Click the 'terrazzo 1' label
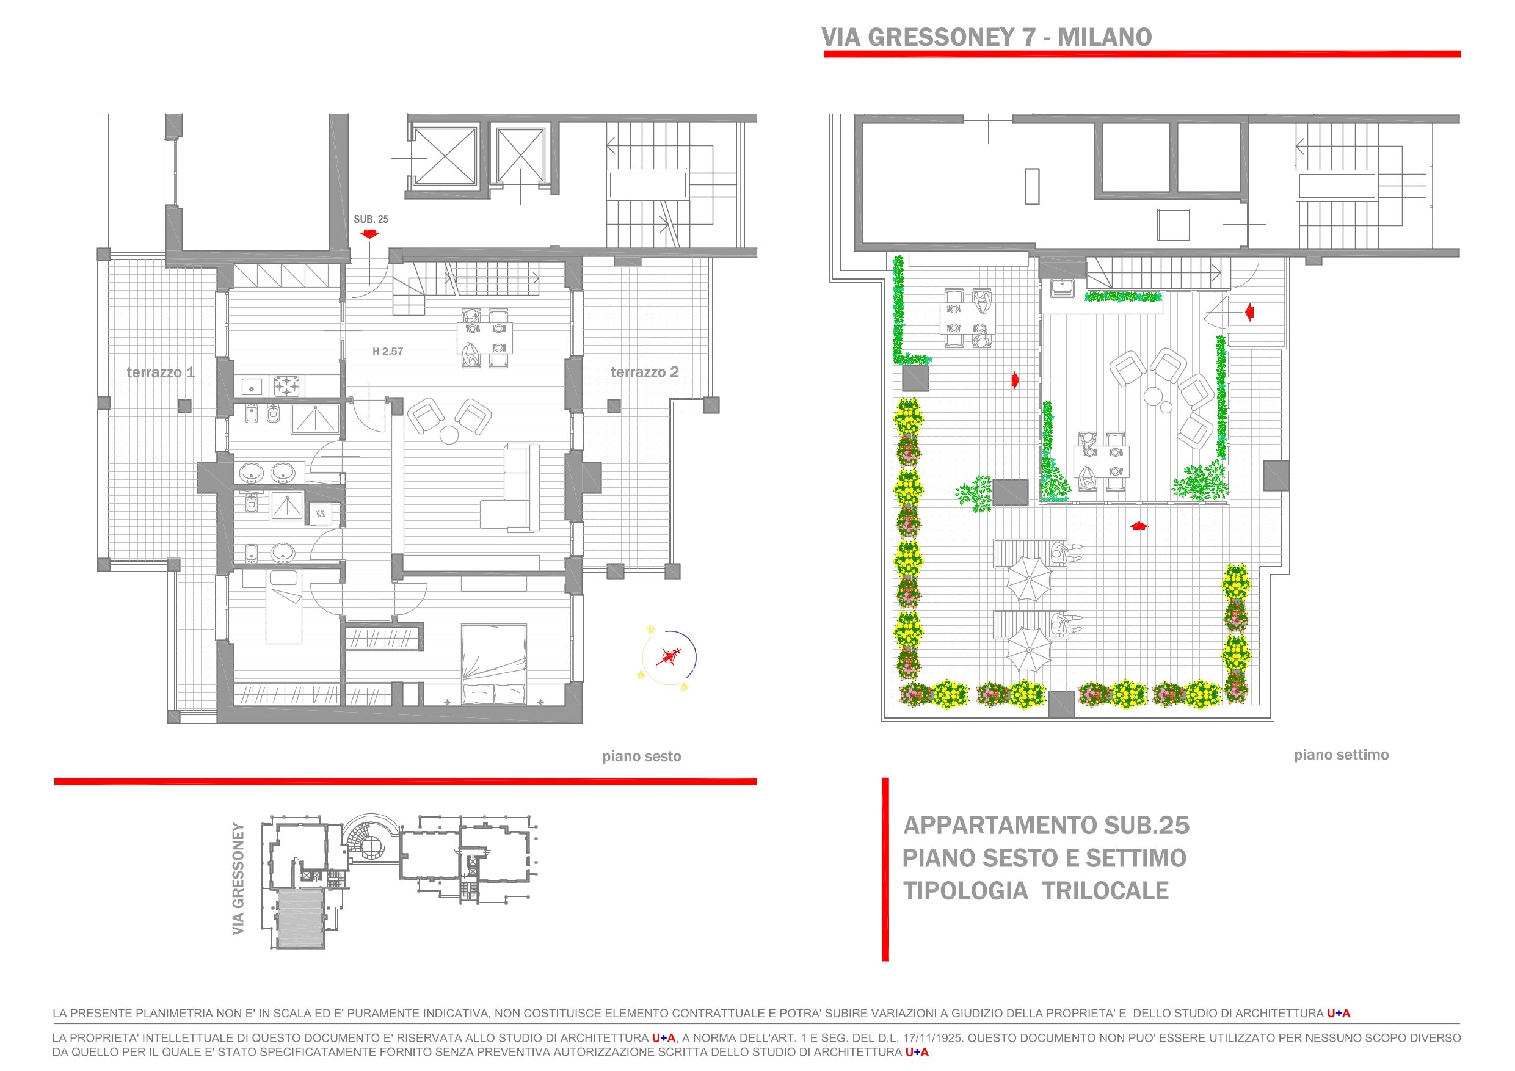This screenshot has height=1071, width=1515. click(x=161, y=372)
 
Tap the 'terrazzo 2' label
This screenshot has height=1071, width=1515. click(x=644, y=372)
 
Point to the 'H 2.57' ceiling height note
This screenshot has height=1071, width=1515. click(x=387, y=351)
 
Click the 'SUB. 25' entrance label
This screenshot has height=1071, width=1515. click(x=371, y=219)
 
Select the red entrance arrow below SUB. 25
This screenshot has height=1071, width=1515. click(x=370, y=234)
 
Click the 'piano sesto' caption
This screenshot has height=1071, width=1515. click(x=641, y=757)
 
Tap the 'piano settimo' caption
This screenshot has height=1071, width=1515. click(x=1341, y=755)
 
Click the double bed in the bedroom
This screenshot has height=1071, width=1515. click(x=493, y=664)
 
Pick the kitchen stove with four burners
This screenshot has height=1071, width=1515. click(x=288, y=385)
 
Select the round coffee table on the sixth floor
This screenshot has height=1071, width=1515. click(x=450, y=435)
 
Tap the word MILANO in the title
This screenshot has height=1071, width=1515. click(x=1105, y=38)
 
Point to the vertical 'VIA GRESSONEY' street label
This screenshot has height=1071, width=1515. click(x=239, y=878)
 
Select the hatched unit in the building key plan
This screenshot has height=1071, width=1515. click(x=300, y=918)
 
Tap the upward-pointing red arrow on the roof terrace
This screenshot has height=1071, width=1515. click(x=1139, y=525)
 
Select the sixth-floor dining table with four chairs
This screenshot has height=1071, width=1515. click(x=484, y=336)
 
